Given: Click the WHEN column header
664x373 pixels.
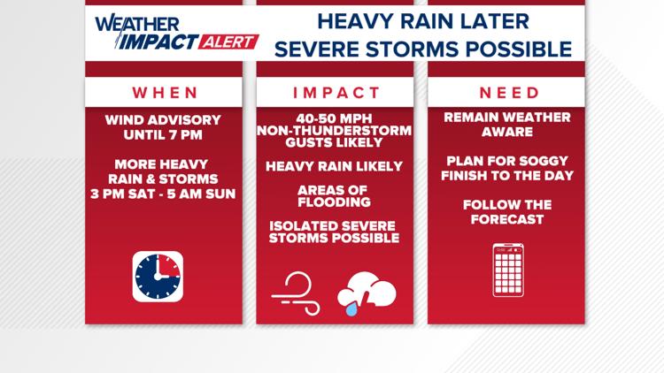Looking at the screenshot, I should pyautogui.click(x=163, y=92).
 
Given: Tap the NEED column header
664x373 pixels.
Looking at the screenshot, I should pyautogui.click(x=509, y=92).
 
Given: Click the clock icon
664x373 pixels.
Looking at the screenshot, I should pyautogui.click(x=158, y=277).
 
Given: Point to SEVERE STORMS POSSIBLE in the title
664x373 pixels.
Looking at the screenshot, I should pyautogui.click(x=422, y=49).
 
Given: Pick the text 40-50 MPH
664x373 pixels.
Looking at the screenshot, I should pyautogui.click(x=335, y=118).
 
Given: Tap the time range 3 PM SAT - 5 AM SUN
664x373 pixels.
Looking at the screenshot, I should pyautogui.click(x=163, y=194).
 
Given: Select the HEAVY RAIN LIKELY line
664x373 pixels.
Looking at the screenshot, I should pyautogui.click(x=335, y=165).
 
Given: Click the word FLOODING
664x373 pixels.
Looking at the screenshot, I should pyautogui.click(x=335, y=202).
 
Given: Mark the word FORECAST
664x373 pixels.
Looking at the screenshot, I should pyautogui.click(x=507, y=218).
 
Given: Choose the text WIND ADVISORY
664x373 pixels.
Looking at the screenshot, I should pyautogui.click(x=163, y=119).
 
